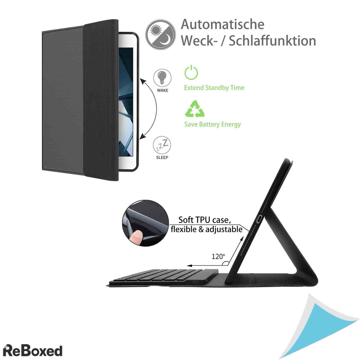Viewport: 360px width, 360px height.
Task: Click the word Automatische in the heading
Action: coord(223,24)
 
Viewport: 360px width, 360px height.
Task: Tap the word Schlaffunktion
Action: coord(272,41)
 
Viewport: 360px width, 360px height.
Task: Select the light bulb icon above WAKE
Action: coord(162,78)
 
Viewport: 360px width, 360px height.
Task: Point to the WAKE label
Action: coord(163,90)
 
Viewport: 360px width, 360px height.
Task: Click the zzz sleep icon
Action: coord(162,145)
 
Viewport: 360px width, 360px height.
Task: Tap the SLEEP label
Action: coord(162,157)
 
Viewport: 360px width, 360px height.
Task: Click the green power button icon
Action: coord(191,72)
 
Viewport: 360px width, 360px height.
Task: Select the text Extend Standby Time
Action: coord(214,88)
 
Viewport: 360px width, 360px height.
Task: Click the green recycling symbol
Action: coord(194,109)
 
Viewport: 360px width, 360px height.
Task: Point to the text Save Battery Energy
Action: coord(213,124)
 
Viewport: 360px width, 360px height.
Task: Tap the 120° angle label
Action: coord(218,256)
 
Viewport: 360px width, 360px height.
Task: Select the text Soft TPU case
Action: coord(205,220)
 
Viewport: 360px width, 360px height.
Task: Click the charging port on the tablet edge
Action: coord(259,219)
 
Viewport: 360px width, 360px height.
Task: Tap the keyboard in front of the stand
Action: coord(163,278)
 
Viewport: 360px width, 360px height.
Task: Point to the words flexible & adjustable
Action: coord(207,229)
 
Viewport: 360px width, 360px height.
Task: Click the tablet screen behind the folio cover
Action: coord(126,102)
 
